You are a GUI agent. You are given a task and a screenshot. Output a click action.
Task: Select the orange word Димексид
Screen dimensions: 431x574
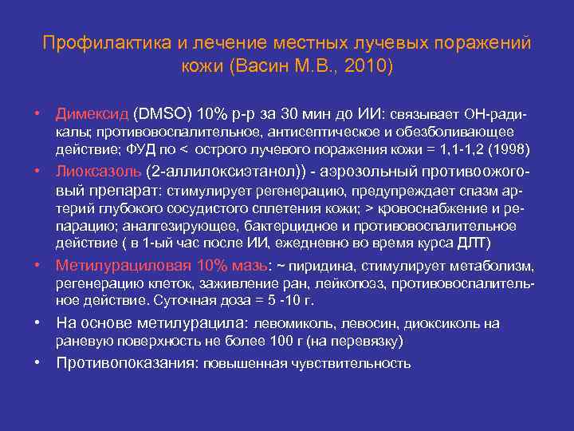click(91, 112)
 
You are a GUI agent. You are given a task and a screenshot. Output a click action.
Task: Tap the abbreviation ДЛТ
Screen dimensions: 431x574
click(474, 243)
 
